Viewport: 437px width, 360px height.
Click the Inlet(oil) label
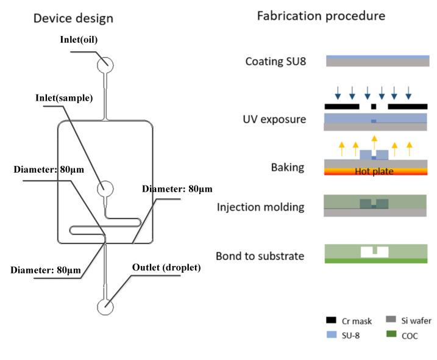coord(79,40)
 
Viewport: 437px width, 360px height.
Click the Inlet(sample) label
coord(64,98)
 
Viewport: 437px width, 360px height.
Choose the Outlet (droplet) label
coord(166,267)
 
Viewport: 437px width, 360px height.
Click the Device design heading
coord(73,18)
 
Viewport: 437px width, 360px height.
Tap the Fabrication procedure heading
coord(321,16)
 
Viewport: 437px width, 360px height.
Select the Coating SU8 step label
coord(275,62)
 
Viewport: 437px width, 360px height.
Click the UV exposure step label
coord(274,120)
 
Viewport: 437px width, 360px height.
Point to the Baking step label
coord(288,167)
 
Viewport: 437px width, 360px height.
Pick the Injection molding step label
coord(261,207)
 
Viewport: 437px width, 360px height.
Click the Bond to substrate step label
coord(260,256)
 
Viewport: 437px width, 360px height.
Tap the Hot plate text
coord(374,171)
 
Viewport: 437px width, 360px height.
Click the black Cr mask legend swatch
coord(331,320)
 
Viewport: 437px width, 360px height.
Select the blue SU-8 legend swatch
coord(332,334)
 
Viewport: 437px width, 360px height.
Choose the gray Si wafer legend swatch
coord(391,319)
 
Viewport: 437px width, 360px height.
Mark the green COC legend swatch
coord(391,334)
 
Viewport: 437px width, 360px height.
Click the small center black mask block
coord(374,106)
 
